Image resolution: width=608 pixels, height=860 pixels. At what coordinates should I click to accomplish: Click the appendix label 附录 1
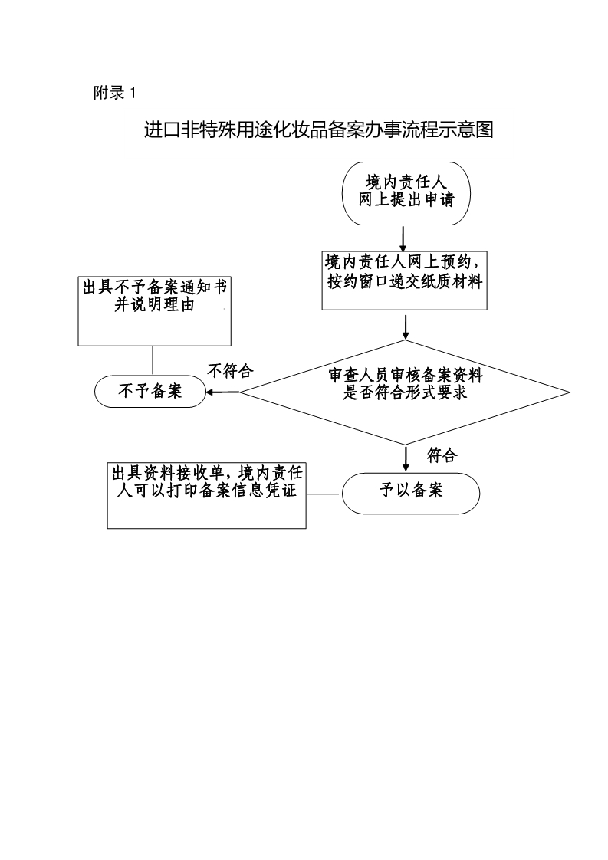(x=113, y=94)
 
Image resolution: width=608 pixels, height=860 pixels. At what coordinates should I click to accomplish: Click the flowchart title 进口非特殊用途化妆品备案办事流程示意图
(x=318, y=130)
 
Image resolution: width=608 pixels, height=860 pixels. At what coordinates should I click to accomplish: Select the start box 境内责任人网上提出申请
(x=406, y=192)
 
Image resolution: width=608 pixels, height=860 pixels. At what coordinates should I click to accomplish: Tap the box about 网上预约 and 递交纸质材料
(x=404, y=280)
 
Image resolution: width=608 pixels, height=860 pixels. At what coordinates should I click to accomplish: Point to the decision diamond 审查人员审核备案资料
(x=405, y=392)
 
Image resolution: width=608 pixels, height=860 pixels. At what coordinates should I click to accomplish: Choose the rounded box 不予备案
(x=150, y=392)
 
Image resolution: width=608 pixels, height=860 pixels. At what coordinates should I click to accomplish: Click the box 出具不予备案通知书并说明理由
(x=154, y=310)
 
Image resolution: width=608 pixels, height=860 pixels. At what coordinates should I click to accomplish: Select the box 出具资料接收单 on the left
(x=206, y=494)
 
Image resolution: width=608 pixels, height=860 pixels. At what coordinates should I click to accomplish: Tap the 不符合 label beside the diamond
(x=230, y=371)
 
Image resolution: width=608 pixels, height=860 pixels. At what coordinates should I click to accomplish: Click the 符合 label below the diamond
(x=442, y=455)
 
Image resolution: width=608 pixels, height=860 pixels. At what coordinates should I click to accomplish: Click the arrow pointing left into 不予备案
(x=223, y=392)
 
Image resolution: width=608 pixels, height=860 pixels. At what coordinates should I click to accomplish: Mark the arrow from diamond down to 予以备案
(x=406, y=458)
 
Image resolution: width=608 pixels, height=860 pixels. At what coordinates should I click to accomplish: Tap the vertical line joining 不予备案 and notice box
(x=153, y=360)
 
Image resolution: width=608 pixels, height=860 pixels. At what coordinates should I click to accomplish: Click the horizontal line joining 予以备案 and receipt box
(x=324, y=494)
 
